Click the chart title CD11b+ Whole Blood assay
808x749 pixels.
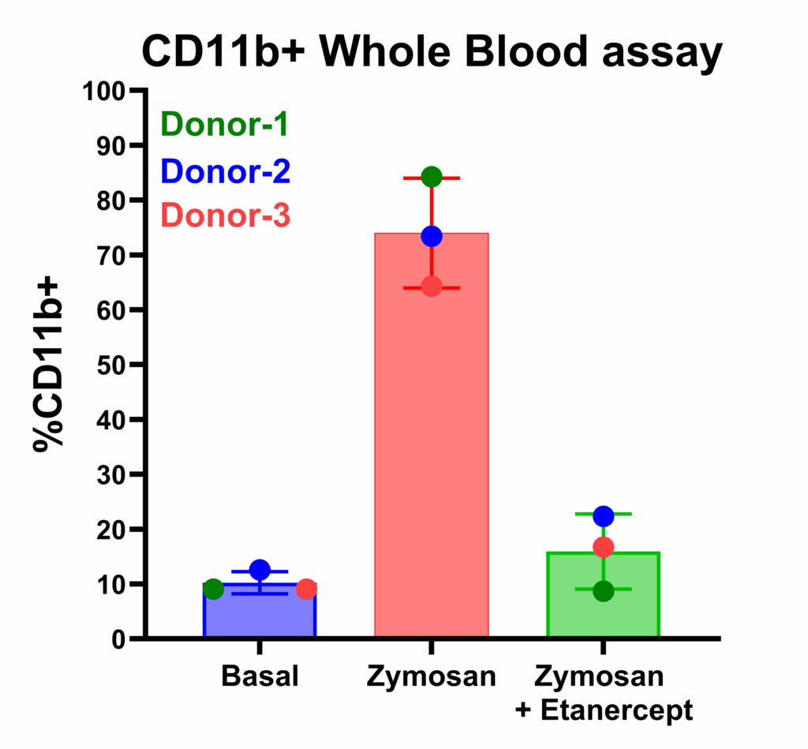[x=432, y=52]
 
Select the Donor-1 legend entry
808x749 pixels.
[x=224, y=124]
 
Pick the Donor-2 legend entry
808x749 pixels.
[x=224, y=170]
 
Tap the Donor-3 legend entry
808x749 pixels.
[x=224, y=215]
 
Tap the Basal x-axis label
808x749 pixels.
[x=260, y=677]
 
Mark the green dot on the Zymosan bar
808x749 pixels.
[x=432, y=177]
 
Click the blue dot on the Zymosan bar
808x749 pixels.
[x=432, y=236]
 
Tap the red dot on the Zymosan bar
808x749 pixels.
[x=432, y=286]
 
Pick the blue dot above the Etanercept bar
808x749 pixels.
[x=604, y=516]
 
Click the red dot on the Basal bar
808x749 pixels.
[x=306, y=589]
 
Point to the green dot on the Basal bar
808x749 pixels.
[x=213, y=589]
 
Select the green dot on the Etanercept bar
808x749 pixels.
[x=604, y=591]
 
